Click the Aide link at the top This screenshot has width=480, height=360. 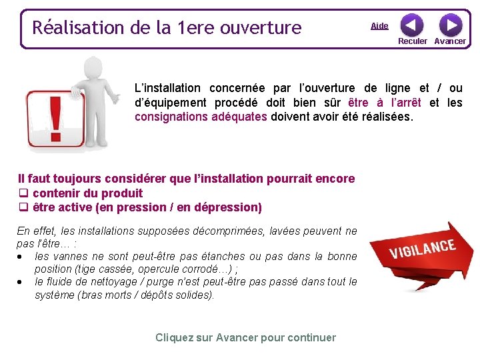point(379,26)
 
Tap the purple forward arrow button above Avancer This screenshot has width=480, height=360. point(451,25)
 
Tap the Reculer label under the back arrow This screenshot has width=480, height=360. point(413,41)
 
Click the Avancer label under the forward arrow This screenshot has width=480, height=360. point(450,41)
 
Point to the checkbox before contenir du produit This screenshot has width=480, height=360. point(23,193)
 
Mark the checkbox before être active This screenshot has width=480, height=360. point(23,207)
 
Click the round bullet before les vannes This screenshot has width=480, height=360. point(23,257)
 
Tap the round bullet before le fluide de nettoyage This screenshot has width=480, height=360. point(23,282)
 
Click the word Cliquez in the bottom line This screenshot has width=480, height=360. point(174,337)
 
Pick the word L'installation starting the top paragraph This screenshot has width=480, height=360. point(167,88)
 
